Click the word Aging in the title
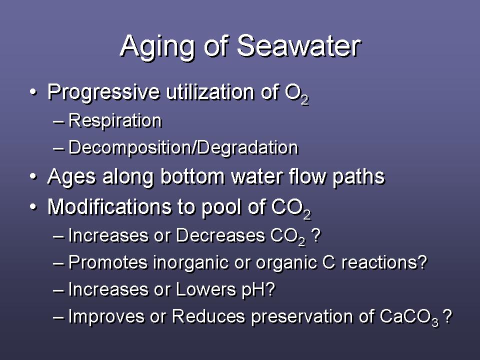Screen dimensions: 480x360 pos(157,47)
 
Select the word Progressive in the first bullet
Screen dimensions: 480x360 pos(104,92)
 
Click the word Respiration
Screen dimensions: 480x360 pos(115,121)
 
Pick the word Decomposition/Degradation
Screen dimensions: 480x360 pos(183,148)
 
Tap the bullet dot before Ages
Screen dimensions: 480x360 pos(33,177)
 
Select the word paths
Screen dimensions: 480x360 pos(358,177)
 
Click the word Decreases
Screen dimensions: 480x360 pos(220,235)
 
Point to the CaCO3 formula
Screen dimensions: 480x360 pos(409,317)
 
